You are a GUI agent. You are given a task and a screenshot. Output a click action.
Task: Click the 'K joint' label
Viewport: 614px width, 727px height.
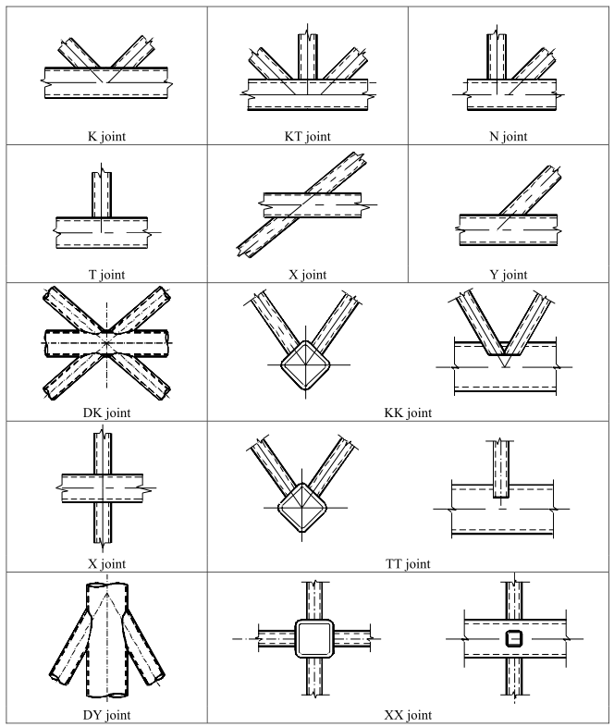click(x=106, y=136)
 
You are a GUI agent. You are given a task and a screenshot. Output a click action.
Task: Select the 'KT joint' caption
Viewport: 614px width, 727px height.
click(x=307, y=136)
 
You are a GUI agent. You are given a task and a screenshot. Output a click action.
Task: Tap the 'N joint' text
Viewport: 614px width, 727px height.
click(x=509, y=136)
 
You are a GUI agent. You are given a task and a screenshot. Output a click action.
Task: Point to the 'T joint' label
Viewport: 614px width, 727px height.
click(x=106, y=275)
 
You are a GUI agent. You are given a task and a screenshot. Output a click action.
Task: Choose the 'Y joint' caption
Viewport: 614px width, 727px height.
click(x=509, y=275)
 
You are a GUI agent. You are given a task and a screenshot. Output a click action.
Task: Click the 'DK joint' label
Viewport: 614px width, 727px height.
click(x=106, y=413)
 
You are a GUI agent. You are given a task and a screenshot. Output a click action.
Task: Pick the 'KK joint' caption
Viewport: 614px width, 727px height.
click(x=408, y=413)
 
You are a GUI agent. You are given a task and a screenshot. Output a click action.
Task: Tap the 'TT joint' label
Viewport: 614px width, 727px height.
click(x=408, y=564)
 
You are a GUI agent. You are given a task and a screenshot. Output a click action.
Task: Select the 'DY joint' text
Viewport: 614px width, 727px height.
click(x=106, y=715)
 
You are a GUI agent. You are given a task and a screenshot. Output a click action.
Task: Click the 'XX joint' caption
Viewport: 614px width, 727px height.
click(x=408, y=715)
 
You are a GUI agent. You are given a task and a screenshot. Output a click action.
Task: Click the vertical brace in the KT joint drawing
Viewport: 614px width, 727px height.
click(x=308, y=56)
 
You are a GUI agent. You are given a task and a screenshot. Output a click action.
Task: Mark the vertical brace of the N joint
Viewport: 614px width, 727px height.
click(x=497, y=56)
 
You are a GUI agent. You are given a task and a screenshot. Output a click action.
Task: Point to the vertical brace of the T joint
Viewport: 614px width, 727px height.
click(x=102, y=194)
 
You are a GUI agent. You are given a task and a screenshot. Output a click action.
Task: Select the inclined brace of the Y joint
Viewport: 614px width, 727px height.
click(x=531, y=191)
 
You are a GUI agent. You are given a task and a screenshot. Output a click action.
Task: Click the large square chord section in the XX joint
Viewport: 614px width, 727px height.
click(x=314, y=638)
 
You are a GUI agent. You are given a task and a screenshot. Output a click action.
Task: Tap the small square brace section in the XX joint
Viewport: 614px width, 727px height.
click(x=513, y=638)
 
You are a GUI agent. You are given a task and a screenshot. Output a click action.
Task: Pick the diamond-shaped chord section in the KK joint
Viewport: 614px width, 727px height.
click(x=305, y=365)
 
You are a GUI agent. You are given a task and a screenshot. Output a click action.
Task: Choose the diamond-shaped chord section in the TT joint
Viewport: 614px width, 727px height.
click(x=302, y=508)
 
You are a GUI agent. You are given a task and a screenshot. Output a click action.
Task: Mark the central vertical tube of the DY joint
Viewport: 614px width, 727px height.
click(x=107, y=640)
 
